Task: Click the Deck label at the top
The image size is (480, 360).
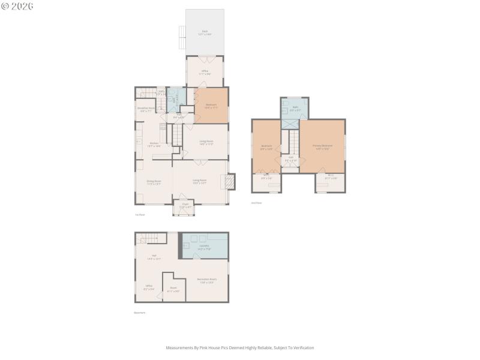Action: point(205,32)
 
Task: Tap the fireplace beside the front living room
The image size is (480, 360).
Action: point(230,181)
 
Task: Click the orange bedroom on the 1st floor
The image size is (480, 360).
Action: point(211,106)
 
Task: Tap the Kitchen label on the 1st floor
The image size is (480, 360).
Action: point(154,144)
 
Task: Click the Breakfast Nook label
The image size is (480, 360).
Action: point(147,110)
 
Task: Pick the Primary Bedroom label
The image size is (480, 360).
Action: point(322,146)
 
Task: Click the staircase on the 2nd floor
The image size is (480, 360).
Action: point(294,142)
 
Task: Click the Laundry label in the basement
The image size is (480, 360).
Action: point(204,246)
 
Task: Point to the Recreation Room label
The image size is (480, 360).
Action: point(206,280)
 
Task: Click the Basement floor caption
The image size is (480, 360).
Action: point(139,313)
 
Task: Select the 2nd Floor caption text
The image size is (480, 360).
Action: point(256,203)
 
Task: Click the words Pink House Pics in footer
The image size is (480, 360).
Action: point(210,347)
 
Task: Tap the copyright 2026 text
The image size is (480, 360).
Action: point(17,6)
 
